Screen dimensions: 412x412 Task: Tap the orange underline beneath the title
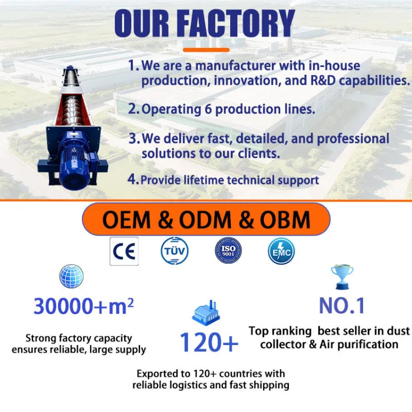(206, 49)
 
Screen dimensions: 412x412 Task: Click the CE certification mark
(124, 251)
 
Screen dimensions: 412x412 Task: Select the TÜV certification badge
(175, 250)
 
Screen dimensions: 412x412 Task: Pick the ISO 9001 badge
(228, 250)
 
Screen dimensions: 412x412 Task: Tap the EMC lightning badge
(281, 250)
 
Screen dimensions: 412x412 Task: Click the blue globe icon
(71, 276)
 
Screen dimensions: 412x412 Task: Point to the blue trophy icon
(342, 277)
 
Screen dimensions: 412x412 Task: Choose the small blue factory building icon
(206, 313)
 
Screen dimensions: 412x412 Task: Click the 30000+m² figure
(84, 306)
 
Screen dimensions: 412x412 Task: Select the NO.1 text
(342, 305)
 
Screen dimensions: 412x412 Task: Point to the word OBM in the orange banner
(285, 220)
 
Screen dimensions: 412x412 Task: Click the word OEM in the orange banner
(127, 220)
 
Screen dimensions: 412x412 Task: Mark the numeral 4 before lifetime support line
(132, 179)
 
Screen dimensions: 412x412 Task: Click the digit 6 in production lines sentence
(208, 109)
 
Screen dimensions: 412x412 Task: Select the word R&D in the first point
(323, 80)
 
